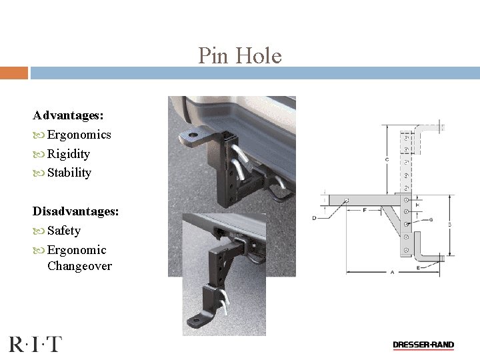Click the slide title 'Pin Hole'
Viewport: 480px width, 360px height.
point(239,55)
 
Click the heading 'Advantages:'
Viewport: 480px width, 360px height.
point(68,115)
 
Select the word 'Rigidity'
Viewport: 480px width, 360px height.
point(69,154)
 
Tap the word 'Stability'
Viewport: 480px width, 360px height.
point(69,173)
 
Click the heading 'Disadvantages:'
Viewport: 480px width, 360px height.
point(76,211)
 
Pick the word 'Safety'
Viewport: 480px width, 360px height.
point(64,231)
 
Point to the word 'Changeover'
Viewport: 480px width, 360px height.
point(79,266)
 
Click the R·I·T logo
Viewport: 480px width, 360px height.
point(35,344)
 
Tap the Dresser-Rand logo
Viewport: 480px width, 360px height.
point(423,345)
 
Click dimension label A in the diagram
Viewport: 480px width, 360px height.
point(392,272)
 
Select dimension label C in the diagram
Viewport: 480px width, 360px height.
point(387,159)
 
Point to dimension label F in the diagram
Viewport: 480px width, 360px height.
point(365,210)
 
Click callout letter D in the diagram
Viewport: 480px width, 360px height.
point(314,218)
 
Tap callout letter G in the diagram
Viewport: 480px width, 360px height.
point(431,219)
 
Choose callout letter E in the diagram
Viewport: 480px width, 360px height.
point(417,267)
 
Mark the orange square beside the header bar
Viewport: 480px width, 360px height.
point(13,73)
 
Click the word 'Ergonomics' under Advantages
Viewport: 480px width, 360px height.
point(79,135)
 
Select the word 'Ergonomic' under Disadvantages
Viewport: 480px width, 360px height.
point(77,250)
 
